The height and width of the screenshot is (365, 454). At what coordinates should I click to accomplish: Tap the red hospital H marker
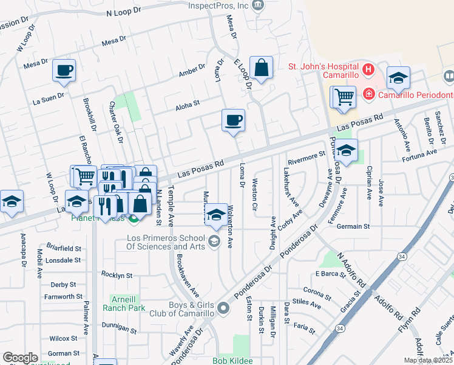(x=368, y=70)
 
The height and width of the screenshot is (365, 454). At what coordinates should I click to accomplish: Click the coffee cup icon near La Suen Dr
(x=64, y=71)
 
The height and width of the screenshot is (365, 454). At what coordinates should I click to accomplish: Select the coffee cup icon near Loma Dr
(x=232, y=120)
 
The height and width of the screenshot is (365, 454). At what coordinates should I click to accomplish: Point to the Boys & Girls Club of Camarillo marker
(x=223, y=309)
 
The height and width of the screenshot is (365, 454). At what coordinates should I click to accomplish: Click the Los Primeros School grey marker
(x=213, y=242)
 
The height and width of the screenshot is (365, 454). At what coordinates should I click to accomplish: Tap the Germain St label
(x=353, y=226)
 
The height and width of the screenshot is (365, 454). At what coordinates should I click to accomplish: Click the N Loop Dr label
(x=123, y=11)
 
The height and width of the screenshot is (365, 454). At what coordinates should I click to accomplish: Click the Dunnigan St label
(x=118, y=329)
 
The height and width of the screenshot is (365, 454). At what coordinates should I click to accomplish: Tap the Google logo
(x=20, y=358)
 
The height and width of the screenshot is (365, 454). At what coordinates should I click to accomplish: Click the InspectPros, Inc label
(x=219, y=5)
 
